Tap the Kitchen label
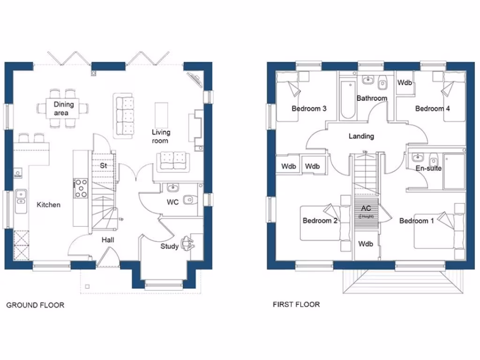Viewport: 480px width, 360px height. tap(48, 205)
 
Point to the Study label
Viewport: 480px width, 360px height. tap(169, 246)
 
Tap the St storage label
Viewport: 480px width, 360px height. tap(104, 165)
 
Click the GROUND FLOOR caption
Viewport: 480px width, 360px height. tap(35, 305)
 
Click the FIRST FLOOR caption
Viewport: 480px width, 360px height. tap(296, 305)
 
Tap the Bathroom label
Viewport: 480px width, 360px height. tap(372, 98)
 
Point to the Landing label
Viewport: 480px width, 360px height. tap(361, 136)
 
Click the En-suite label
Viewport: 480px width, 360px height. tap(428, 168)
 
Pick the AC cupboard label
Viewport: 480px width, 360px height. tap(366, 208)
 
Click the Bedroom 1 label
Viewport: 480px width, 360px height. tap(416, 221)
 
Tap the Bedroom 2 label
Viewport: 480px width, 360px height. tap(320, 221)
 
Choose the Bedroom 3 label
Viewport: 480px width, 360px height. tap(309, 109)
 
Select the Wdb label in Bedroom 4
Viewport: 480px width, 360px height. tap(405, 82)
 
